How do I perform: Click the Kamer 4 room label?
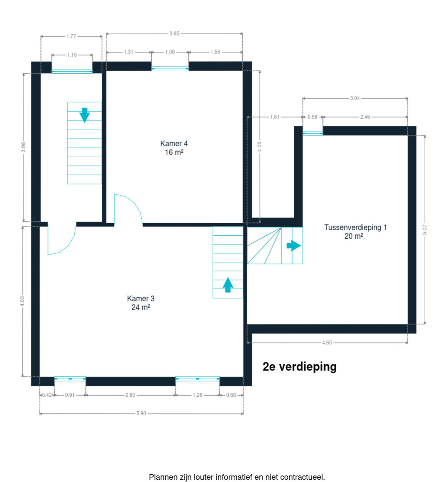(174, 148)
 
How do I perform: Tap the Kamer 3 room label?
(141, 303)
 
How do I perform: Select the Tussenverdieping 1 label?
(355, 232)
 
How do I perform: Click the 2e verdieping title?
(299, 367)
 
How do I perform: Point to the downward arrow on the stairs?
(84, 115)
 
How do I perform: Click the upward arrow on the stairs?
(228, 285)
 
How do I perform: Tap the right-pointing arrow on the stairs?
(294, 246)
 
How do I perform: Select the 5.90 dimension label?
(141, 413)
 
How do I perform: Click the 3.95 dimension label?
(174, 33)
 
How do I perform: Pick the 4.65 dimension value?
(327, 343)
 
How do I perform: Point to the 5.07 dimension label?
(425, 230)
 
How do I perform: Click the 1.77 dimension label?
(71, 36)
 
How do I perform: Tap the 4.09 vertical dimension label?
(259, 147)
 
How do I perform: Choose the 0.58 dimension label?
(312, 117)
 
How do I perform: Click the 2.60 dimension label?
(130, 395)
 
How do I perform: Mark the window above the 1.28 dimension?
(198, 379)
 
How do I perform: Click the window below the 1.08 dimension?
(170, 69)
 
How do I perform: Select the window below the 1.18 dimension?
(72, 71)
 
